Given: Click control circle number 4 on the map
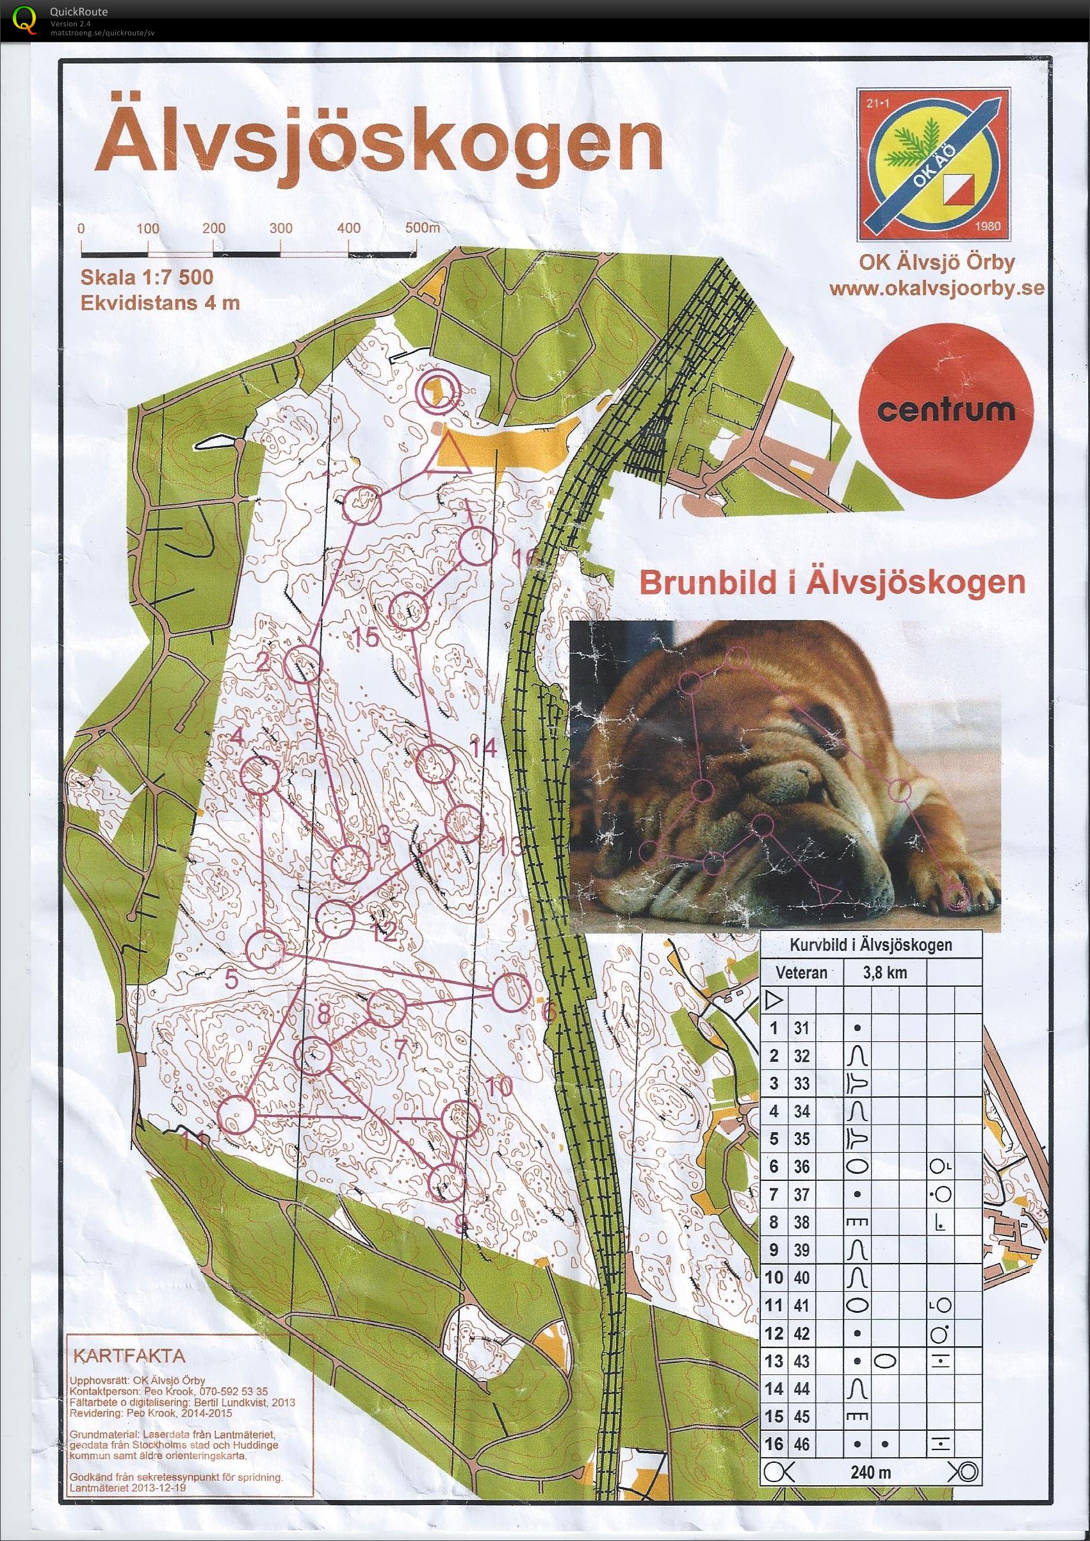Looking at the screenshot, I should [x=260, y=775].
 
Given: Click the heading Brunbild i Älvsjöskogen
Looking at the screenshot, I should [x=833, y=583].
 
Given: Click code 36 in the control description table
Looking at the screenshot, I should [x=801, y=1167].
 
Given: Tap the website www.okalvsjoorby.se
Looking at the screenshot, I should [x=937, y=289].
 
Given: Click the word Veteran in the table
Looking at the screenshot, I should [x=801, y=973].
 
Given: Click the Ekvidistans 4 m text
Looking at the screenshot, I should [x=159, y=303].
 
